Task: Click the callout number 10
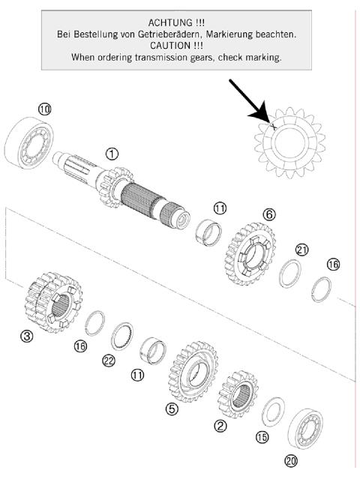[45, 109]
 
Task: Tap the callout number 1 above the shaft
[112, 154]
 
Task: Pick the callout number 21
[301, 250]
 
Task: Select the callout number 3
[27, 337]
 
